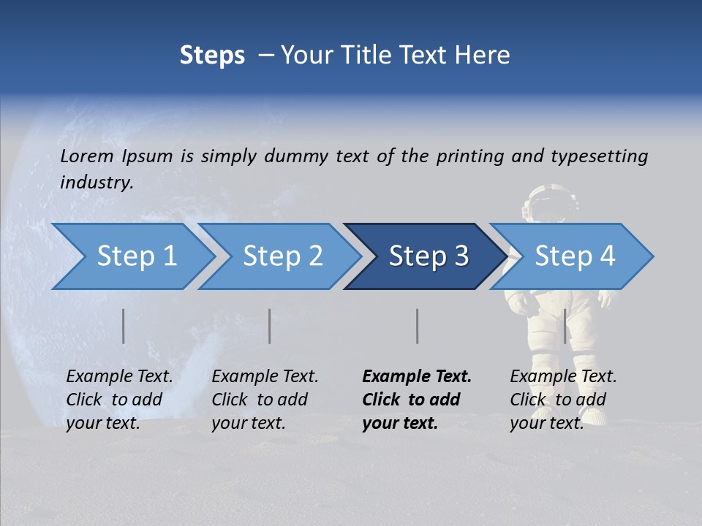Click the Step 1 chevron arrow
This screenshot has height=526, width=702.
point(132,256)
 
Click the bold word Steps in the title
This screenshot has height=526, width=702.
point(212,56)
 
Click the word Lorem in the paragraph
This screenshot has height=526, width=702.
point(87,156)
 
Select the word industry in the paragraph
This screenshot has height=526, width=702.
point(97,183)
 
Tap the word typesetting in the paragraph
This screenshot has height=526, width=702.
point(599,156)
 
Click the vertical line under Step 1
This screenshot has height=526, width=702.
point(124,326)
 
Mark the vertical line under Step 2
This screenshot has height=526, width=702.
point(270,326)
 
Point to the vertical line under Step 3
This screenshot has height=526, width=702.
point(417,326)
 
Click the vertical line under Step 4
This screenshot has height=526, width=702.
point(565,326)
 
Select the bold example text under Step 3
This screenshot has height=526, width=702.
point(415,400)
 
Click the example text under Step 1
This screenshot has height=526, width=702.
point(118,400)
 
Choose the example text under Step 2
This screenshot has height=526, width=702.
point(264,400)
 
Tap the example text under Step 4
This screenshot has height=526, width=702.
point(562,400)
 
